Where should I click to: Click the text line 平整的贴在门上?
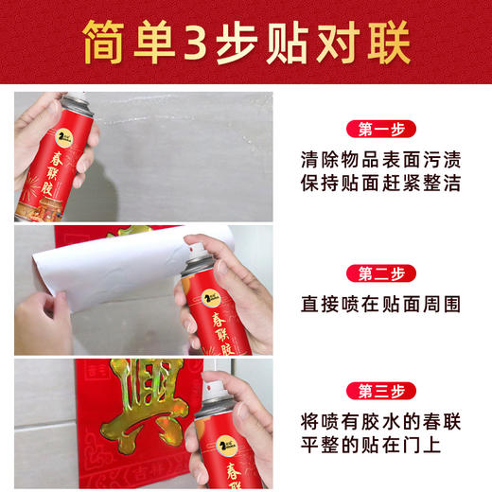[370, 445]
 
